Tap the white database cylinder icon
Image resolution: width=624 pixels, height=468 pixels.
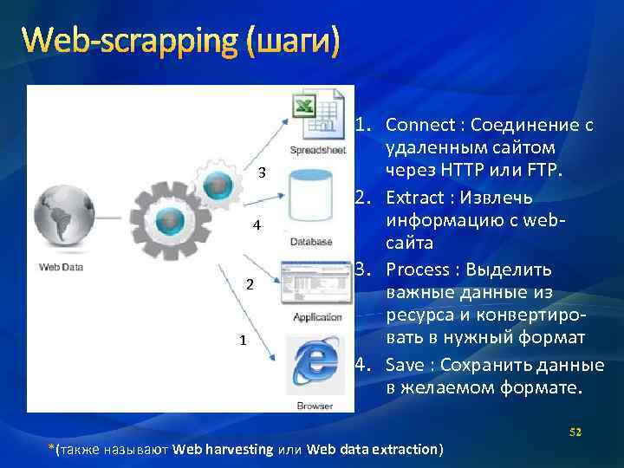click(x=311, y=198)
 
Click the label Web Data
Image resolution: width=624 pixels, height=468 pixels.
click(x=61, y=267)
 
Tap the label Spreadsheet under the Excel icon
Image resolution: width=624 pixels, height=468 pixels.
click(x=313, y=150)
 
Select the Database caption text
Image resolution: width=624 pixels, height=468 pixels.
click(x=311, y=242)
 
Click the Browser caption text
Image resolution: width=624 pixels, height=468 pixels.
click(x=314, y=405)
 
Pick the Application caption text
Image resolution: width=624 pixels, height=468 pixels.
click(x=317, y=317)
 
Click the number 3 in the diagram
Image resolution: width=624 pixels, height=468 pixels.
click(x=261, y=171)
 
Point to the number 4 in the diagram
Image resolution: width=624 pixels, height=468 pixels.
click(x=256, y=226)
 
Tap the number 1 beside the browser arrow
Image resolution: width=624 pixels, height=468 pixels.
click(x=244, y=341)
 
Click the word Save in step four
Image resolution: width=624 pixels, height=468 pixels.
click(x=403, y=364)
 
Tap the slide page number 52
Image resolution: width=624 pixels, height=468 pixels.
click(x=574, y=432)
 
